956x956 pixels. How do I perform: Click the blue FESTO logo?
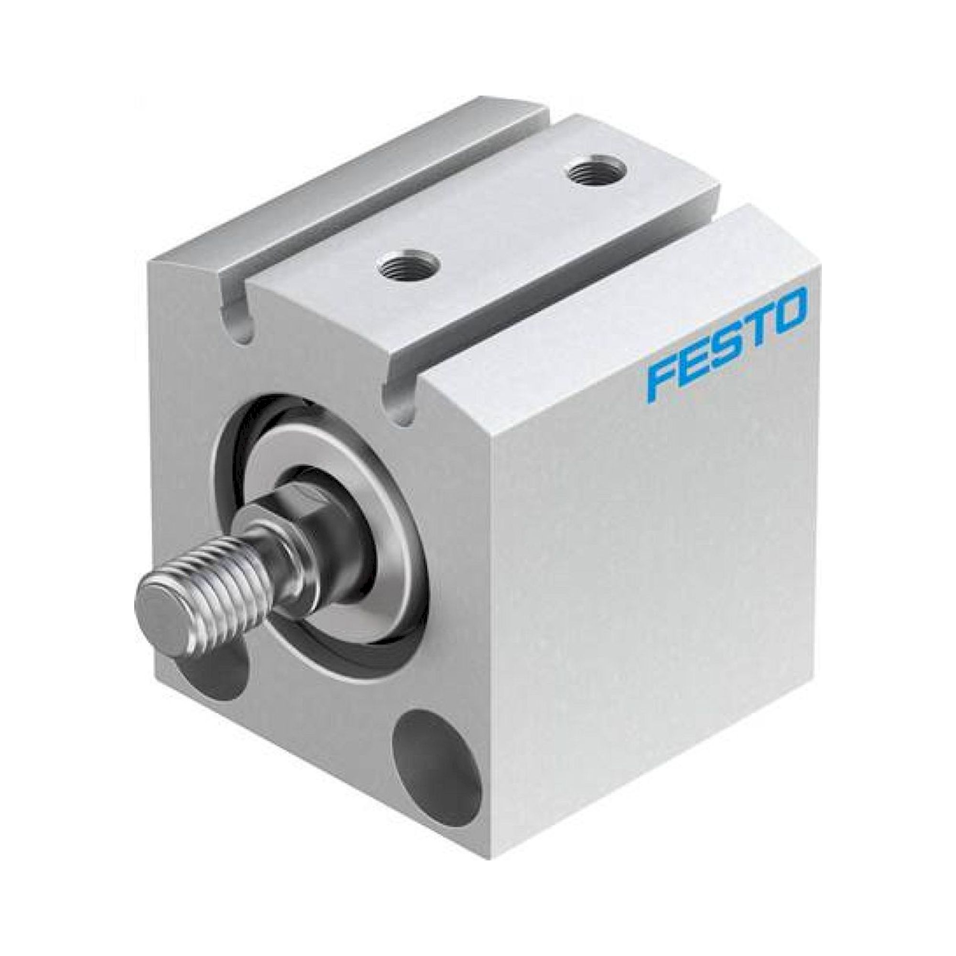click(728, 341)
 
